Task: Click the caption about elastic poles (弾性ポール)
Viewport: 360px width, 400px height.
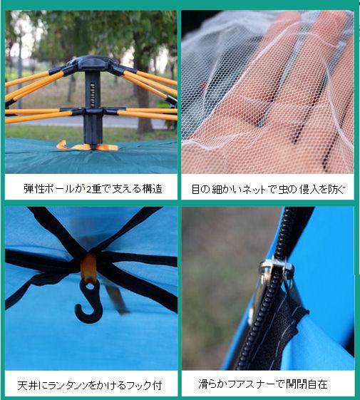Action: pyautogui.click(x=93, y=189)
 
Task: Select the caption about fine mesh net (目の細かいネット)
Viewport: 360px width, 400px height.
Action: pyautogui.click(x=268, y=190)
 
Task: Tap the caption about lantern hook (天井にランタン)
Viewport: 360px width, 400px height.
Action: pyautogui.click(x=90, y=385)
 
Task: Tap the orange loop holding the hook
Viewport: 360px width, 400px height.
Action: pyautogui.click(x=88, y=269)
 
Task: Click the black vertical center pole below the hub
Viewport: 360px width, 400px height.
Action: pyautogui.click(x=91, y=128)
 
